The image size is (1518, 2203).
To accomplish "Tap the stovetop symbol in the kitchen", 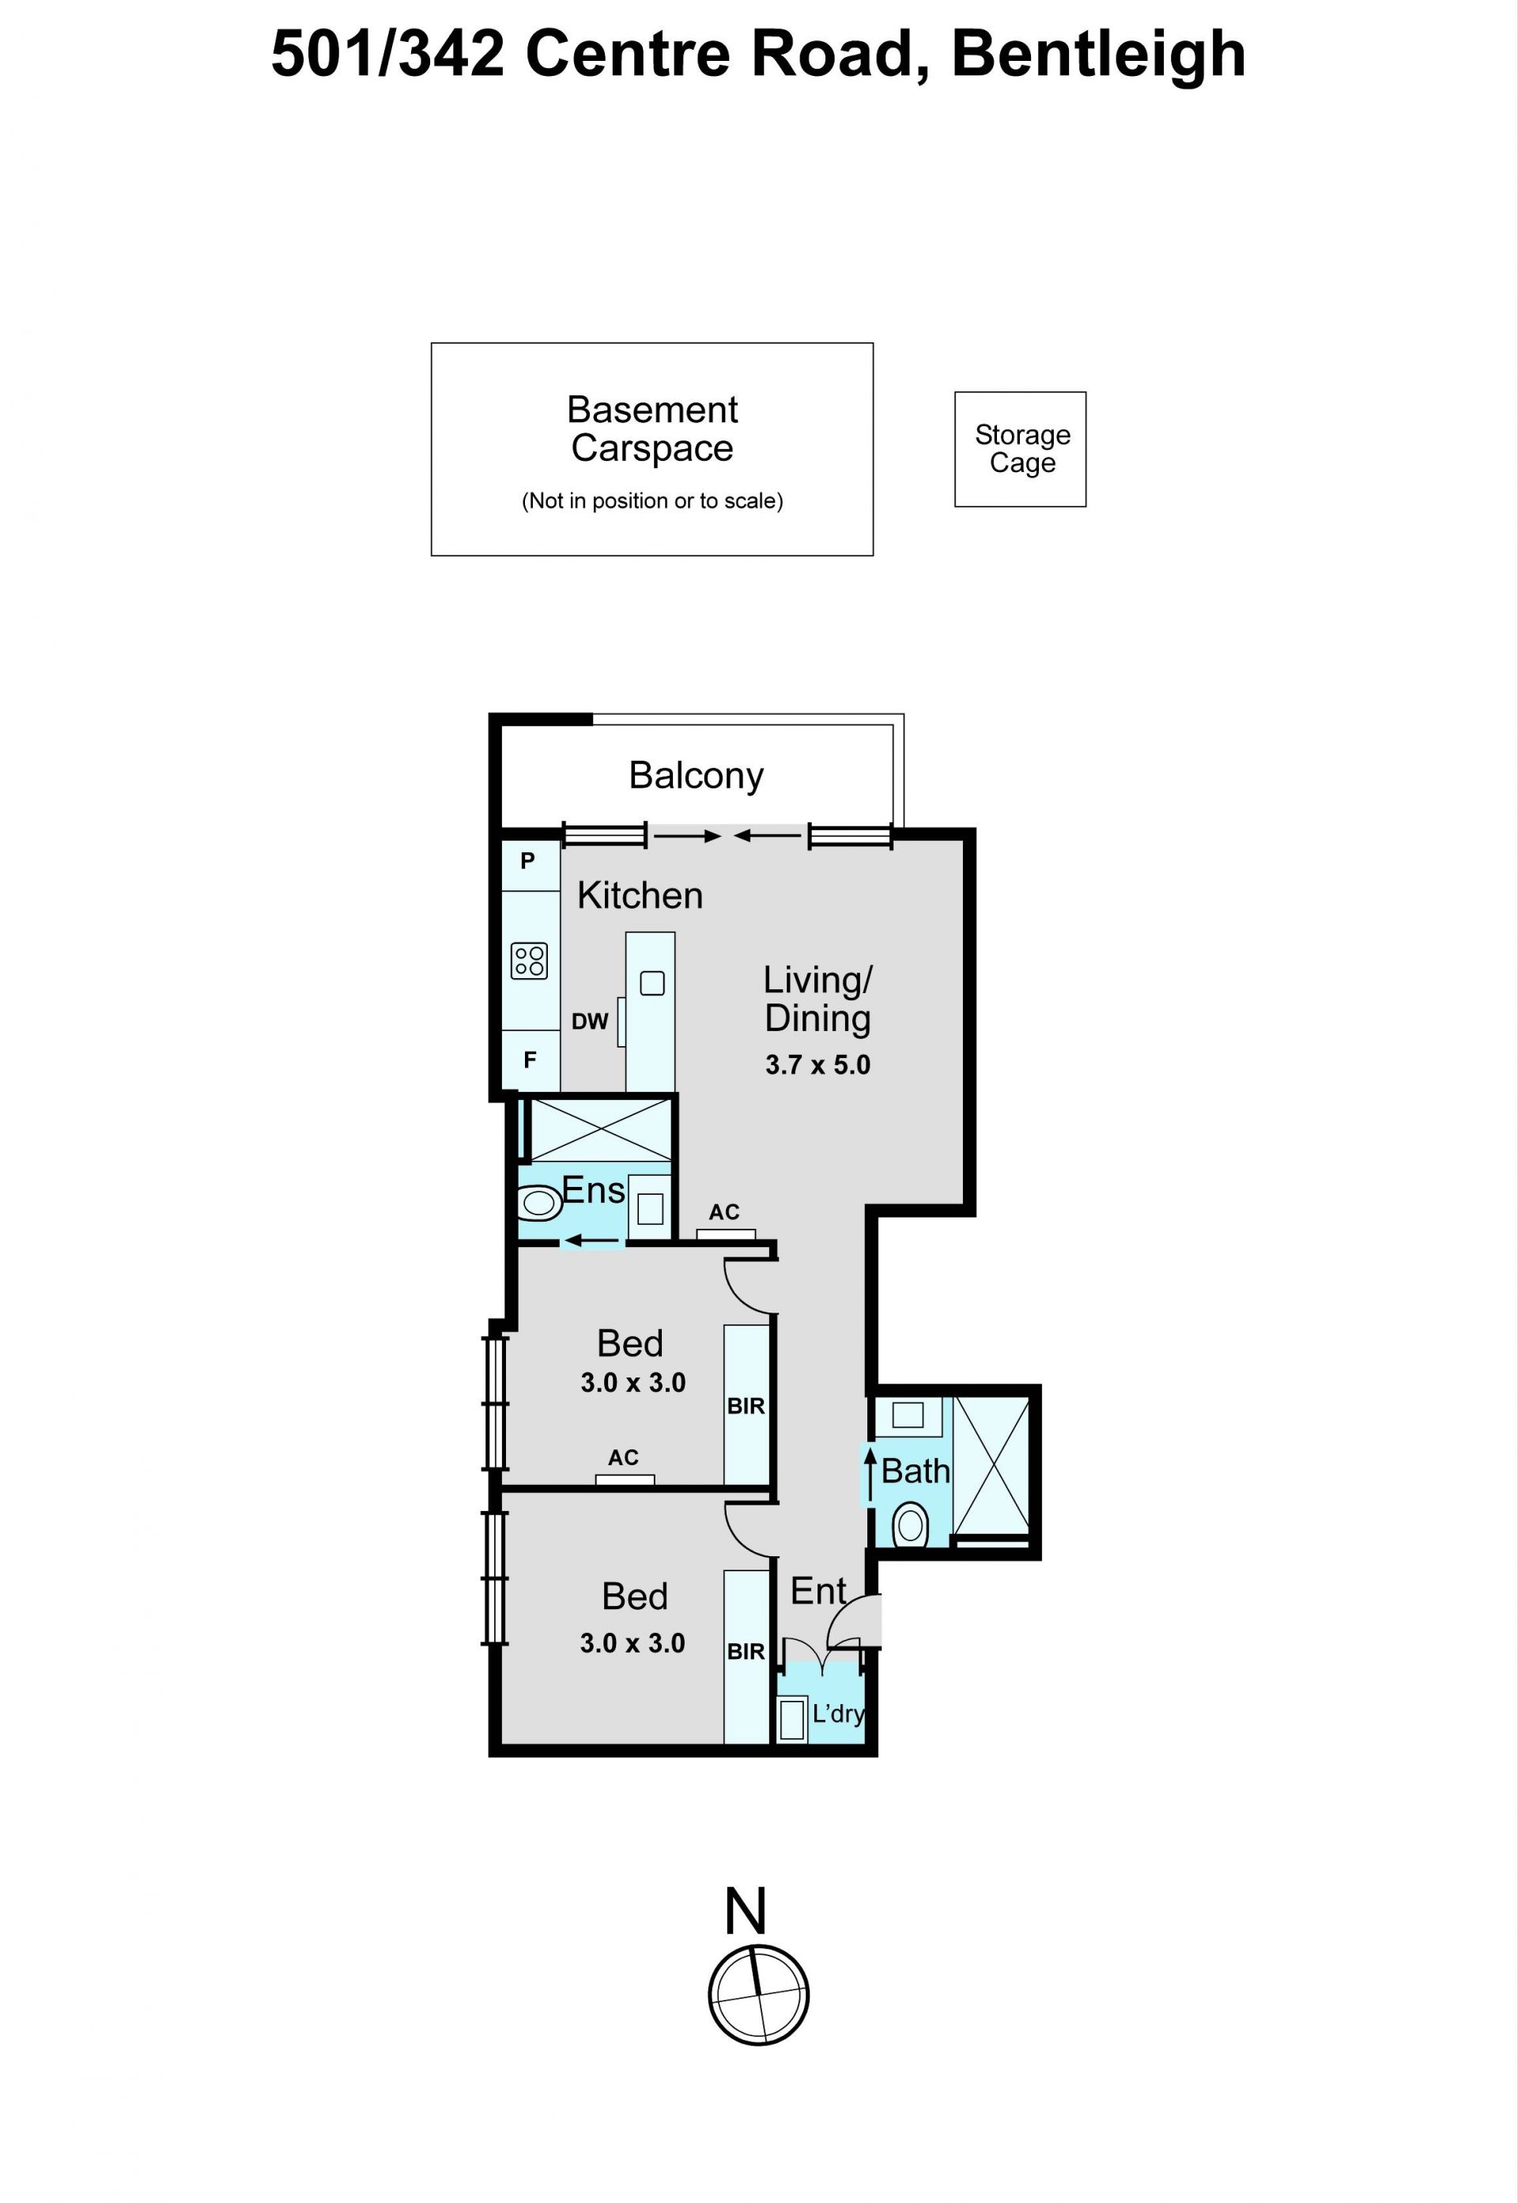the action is coord(529,961).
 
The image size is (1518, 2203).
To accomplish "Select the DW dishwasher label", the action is coord(590,1022).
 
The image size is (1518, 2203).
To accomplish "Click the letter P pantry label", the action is coord(528,861).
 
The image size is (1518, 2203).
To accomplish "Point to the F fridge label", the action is coord(530,1060).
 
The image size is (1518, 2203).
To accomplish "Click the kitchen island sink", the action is coord(652,983).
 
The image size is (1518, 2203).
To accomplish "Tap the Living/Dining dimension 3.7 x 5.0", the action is coord(818,1064).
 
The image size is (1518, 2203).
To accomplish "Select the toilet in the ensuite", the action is coord(539,1204).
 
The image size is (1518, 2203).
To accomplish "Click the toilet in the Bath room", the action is coord(910,1526).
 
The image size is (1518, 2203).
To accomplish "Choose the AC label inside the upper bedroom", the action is coord(623,1457).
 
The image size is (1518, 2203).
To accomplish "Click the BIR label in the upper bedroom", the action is coord(746,1406).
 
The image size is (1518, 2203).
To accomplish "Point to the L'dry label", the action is coord(838,1714).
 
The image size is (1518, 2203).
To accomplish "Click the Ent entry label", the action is coord(818,1592).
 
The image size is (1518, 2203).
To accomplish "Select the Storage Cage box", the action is coord(1021,449).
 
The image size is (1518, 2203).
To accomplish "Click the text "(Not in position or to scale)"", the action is coord(652,501).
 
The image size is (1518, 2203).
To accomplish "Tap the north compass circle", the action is coord(759,1996).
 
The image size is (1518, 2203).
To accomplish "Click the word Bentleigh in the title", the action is coord(1098,55).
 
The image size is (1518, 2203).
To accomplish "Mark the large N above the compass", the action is coord(746,1911).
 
